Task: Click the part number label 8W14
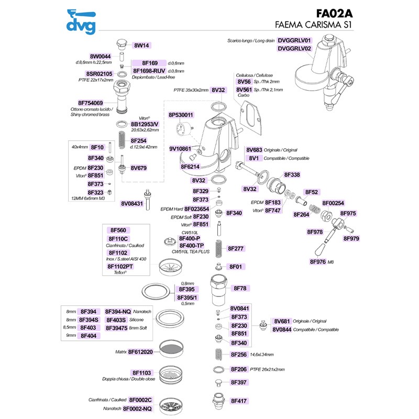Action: (x=142, y=45)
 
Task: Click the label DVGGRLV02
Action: (x=294, y=49)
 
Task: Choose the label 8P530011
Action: (x=181, y=115)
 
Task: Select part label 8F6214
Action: (x=190, y=167)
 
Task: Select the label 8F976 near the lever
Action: (x=318, y=261)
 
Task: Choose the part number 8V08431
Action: (x=132, y=203)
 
